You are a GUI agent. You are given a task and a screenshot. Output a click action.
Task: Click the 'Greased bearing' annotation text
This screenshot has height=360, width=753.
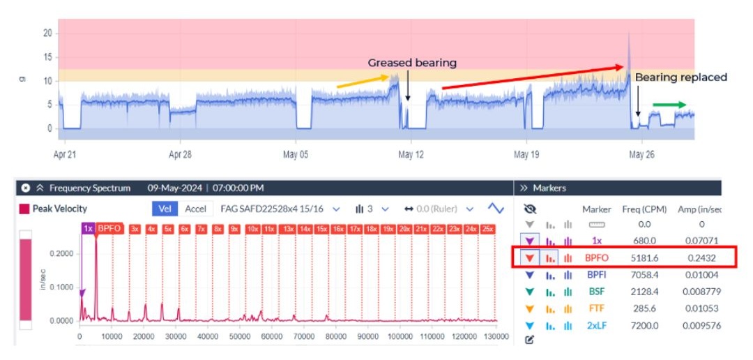(412, 63)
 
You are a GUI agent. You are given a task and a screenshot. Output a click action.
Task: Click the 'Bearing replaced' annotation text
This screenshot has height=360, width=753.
(680, 77)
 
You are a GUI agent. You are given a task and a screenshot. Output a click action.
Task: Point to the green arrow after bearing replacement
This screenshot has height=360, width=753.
(669, 105)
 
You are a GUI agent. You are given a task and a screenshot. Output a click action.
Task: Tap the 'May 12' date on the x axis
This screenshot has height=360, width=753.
(411, 154)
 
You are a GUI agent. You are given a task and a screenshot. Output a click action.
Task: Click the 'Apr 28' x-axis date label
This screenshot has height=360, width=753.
(180, 154)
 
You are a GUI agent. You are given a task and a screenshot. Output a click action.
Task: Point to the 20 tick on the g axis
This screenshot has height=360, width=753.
(47, 33)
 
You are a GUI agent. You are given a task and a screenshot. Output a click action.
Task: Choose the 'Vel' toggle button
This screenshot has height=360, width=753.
(165, 209)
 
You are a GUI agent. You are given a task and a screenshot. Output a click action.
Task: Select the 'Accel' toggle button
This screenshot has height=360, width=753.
(195, 209)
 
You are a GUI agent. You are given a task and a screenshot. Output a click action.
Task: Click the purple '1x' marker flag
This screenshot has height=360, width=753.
(88, 228)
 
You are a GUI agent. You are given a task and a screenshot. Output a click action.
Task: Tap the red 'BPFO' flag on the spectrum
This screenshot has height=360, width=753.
(109, 228)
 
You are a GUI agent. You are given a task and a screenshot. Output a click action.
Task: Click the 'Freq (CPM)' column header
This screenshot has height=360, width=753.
(644, 209)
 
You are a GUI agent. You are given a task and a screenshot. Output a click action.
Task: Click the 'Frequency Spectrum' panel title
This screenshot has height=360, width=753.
(90, 188)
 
